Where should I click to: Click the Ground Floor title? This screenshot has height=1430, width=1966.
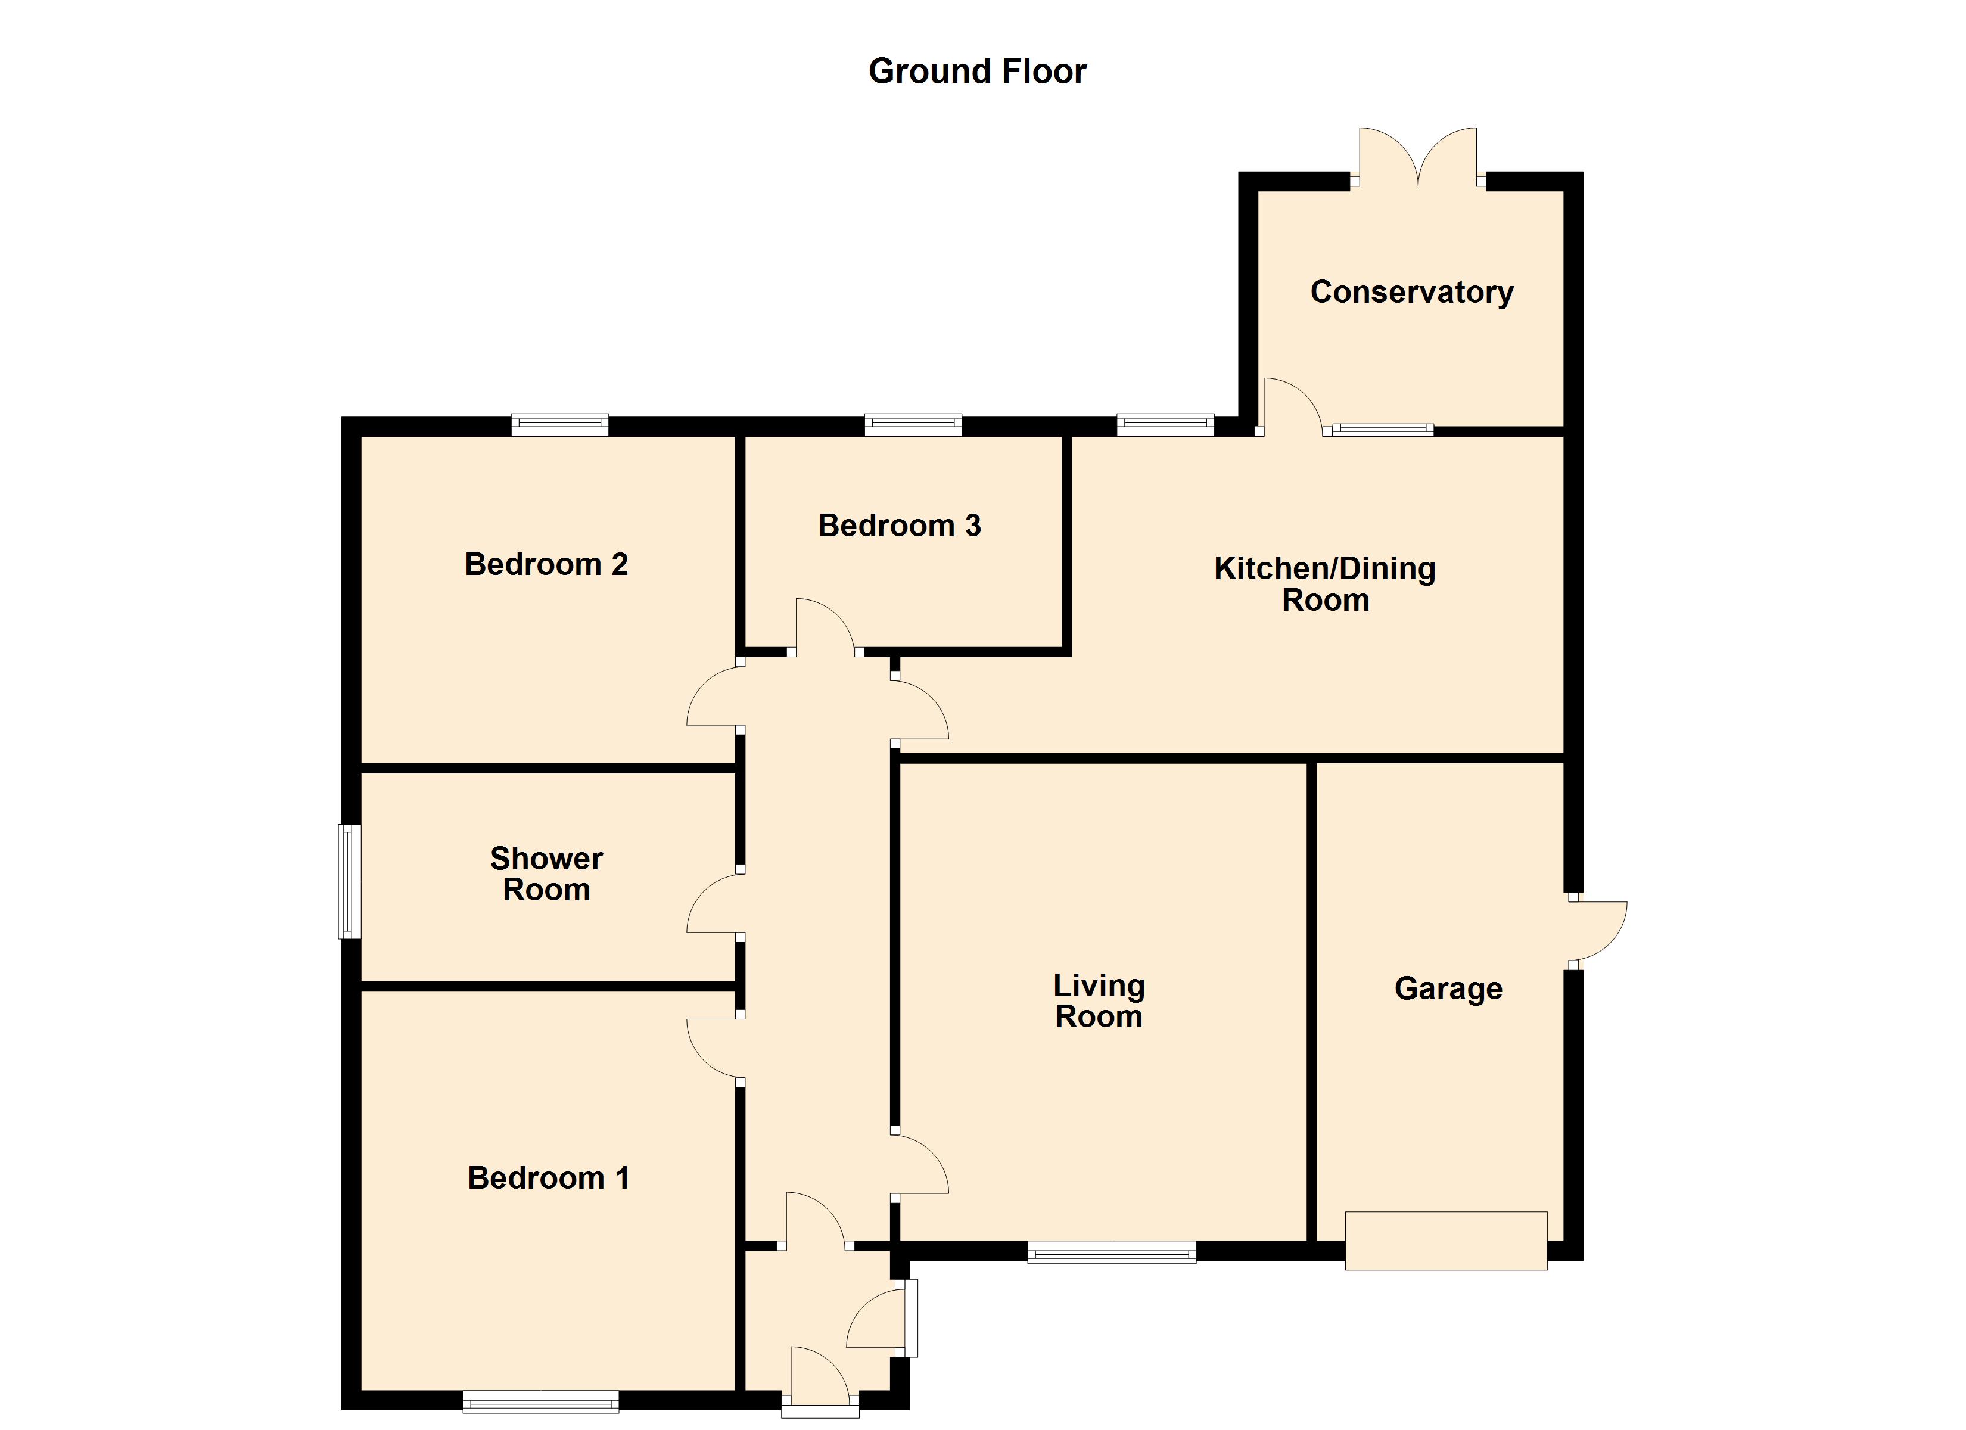click(977, 71)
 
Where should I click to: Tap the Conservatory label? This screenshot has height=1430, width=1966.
click(1411, 292)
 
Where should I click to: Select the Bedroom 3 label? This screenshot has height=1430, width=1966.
click(899, 526)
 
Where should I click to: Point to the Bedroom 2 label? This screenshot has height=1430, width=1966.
click(546, 564)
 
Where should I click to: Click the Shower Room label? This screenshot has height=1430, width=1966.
click(546, 874)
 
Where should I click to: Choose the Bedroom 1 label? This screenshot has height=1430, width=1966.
click(548, 1177)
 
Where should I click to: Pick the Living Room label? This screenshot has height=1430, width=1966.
click(1099, 1001)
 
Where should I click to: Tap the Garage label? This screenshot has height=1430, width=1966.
click(1448, 988)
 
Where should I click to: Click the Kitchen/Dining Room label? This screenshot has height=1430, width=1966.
click(1324, 585)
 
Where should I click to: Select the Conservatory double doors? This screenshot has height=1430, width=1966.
click(1418, 160)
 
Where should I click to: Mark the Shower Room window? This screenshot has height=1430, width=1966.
click(349, 881)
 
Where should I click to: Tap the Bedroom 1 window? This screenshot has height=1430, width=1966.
click(541, 1401)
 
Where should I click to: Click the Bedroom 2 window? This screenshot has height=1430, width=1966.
click(560, 425)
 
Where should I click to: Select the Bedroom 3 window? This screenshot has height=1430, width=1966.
click(914, 425)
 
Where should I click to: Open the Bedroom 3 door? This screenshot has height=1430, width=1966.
click(825, 628)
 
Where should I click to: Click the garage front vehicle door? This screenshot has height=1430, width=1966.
click(1446, 1241)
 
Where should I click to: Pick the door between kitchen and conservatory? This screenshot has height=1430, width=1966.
click(1292, 408)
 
